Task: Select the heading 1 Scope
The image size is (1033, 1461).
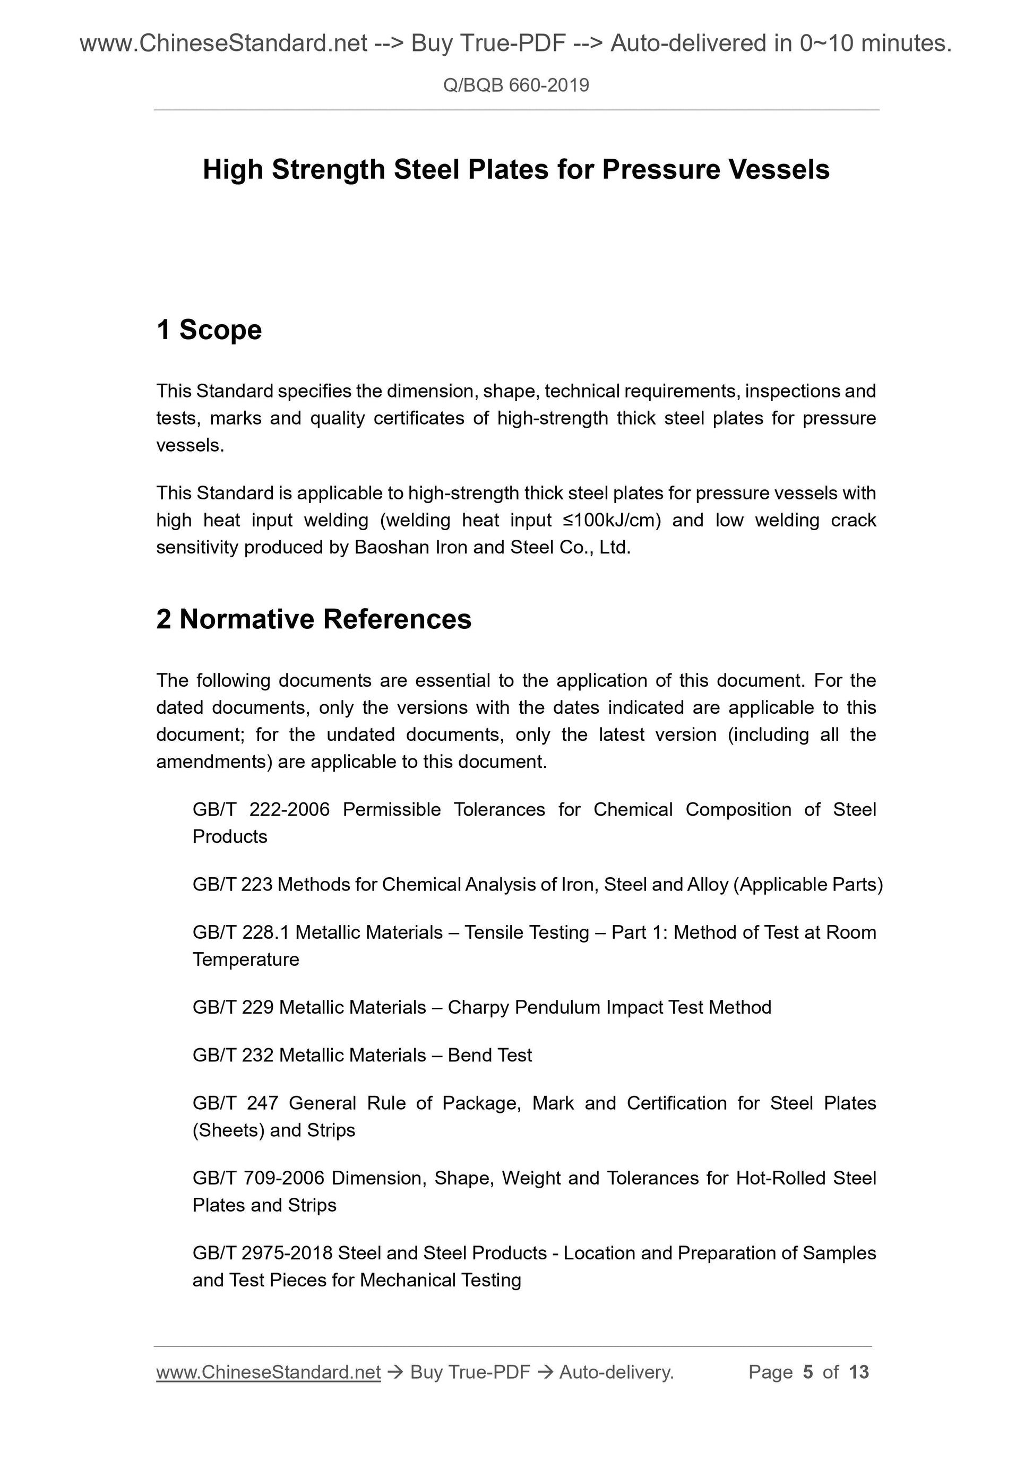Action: click(x=209, y=330)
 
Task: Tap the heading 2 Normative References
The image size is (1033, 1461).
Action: click(x=314, y=619)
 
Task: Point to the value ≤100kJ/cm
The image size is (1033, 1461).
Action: click(x=612, y=520)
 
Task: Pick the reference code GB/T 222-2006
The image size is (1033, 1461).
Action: click(x=261, y=809)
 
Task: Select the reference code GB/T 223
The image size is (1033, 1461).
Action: click(x=233, y=885)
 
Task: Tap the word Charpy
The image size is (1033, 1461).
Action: click(x=478, y=1007)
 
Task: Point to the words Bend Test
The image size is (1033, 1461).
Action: click(x=489, y=1055)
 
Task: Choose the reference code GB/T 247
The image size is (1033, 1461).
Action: click(x=236, y=1103)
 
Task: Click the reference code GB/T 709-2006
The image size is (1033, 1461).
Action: click(x=259, y=1178)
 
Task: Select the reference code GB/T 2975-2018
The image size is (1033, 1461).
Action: click(x=262, y=1253)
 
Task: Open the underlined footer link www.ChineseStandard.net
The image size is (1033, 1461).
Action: click(x=268, y=1372)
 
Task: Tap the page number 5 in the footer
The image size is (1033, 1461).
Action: click(x=808, y=1372)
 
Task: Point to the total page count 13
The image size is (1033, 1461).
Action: click(x=858, y=1372)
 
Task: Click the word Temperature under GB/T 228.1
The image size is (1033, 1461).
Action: click(x=246, y=959)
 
